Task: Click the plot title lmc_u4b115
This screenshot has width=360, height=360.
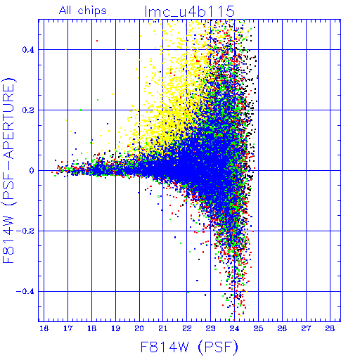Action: (x=190, y=11)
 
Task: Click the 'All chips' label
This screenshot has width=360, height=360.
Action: (x=83, y=11)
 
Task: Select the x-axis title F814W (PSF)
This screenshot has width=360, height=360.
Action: (x=189, y=347)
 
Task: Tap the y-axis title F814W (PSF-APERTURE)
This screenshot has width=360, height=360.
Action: (x=9, y=170)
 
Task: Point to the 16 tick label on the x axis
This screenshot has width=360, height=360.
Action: (x=44, y=328)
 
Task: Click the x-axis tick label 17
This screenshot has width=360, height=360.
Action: (x=68, y=328)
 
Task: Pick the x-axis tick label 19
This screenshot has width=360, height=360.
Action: (x=115, y=328)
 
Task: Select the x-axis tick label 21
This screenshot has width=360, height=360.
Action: (x=163, y=328)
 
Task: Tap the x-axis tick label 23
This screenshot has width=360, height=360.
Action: (x=211, y=328)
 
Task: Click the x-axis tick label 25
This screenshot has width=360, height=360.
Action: (x=258, y=328)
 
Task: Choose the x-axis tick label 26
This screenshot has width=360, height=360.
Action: (x=282, y=328)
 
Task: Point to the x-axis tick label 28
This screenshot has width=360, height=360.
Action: (x=330, y=328)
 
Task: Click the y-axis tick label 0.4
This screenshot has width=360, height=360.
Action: (x=28, y=50)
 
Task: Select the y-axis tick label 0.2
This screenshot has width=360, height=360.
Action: (x=28, y=110)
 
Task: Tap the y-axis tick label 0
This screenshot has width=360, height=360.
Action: (x=32, y=171)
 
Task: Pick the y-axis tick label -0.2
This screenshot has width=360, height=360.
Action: (x=25, y=231)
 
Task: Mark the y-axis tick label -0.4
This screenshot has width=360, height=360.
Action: (x=25, y=292)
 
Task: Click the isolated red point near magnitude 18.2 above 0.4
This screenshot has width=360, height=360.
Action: (x=97, y=41)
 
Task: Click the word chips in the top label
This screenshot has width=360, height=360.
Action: (x=92, y=11)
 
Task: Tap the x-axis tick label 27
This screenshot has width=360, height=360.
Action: (x=306, y=328)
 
